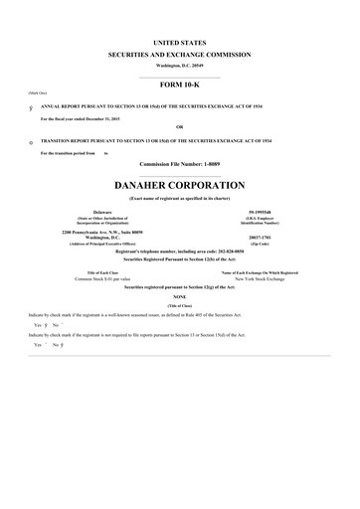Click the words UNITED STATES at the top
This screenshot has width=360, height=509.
tap(180, 44)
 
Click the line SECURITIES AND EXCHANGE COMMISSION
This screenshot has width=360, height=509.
tap(180, 55)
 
